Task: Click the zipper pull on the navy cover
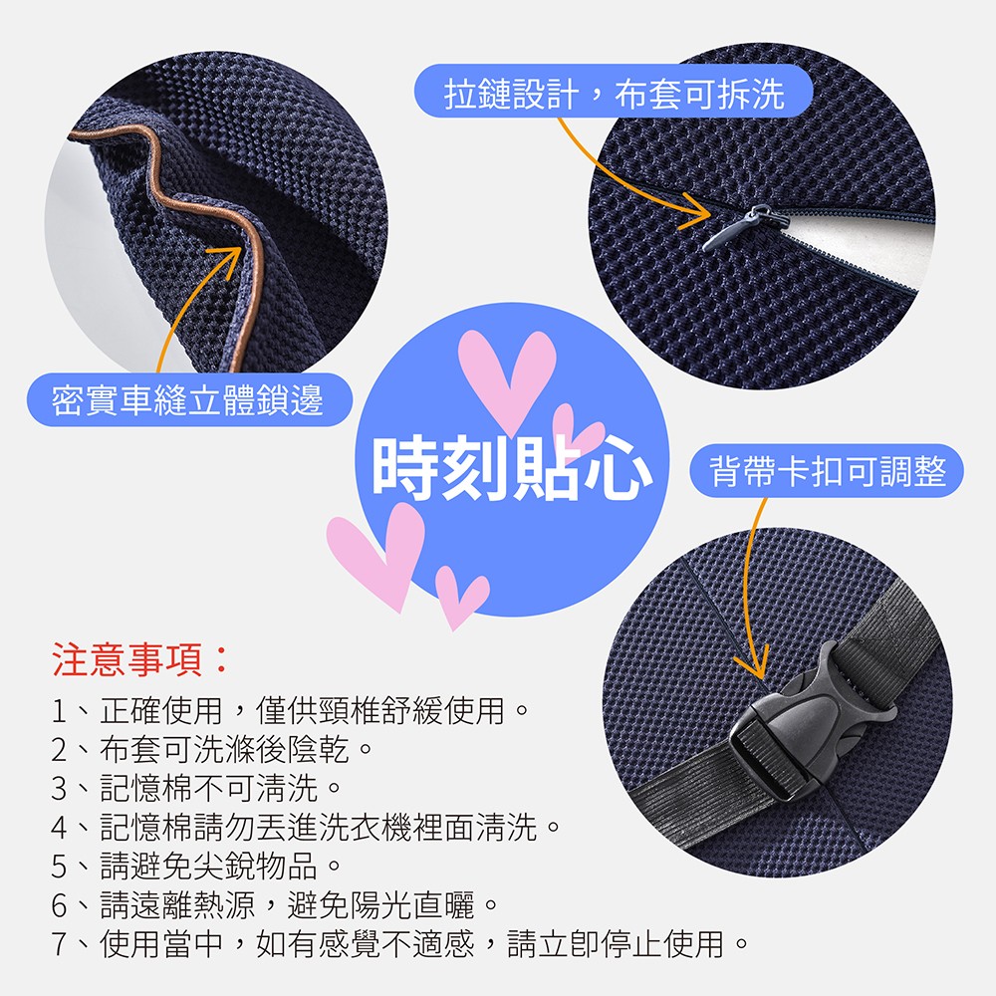tap(744, 226)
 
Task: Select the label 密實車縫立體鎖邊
tap(188, 400)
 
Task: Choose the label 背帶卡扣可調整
tap(828, 471)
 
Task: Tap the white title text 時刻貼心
tap(512, 469)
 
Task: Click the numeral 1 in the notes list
tap(59, 711)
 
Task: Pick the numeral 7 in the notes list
tap(59, 944)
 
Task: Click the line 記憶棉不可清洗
tap(209, 789)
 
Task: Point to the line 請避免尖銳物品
tap(209, 867)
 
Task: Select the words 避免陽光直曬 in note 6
tap(381, 905)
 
